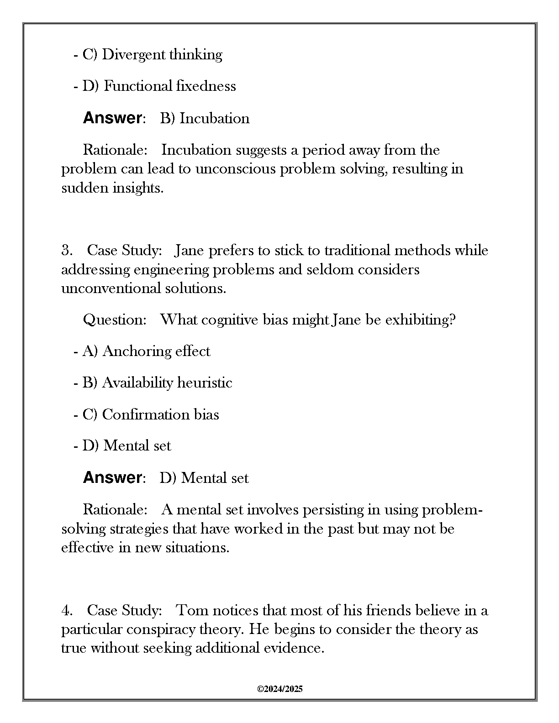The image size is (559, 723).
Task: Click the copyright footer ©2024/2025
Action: click(x=280, y=689)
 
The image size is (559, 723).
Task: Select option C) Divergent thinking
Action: click(x=152, y=55)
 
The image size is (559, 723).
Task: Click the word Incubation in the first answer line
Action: click(x=214, y=119)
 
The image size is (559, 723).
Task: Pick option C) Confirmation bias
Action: click(x=150, y=415)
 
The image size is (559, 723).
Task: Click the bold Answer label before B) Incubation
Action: click(x=112, y=118)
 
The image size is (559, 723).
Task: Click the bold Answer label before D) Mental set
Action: click(x=112, y=478)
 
